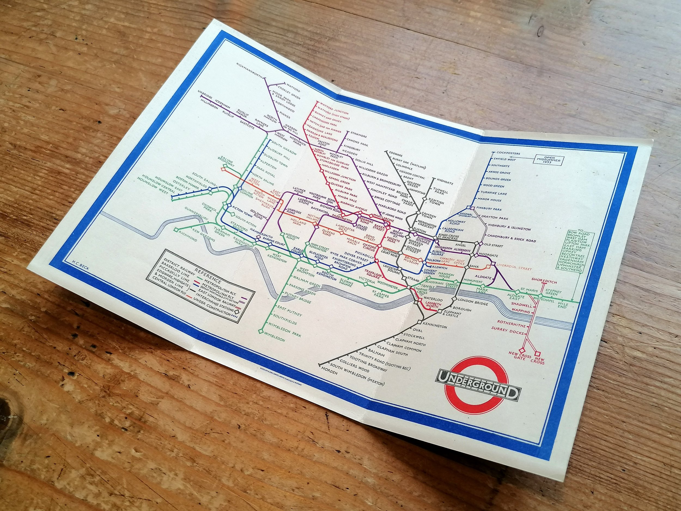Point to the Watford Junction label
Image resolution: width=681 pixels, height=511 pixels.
[x=335, y=111]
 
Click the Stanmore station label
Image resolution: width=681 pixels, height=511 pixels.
[x=358, y=135]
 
